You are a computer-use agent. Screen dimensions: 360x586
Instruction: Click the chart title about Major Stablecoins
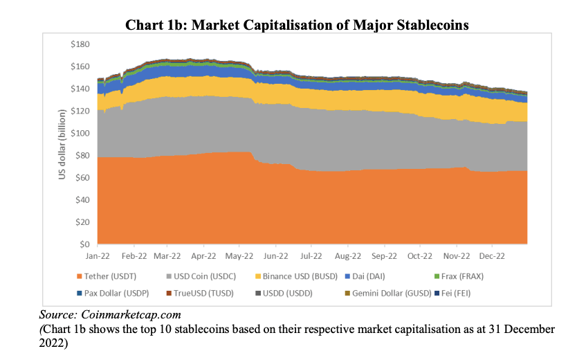(297, 26)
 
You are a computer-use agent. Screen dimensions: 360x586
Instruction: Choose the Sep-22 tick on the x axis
(384, 255)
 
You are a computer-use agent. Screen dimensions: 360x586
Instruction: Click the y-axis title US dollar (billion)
(62, 144)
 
